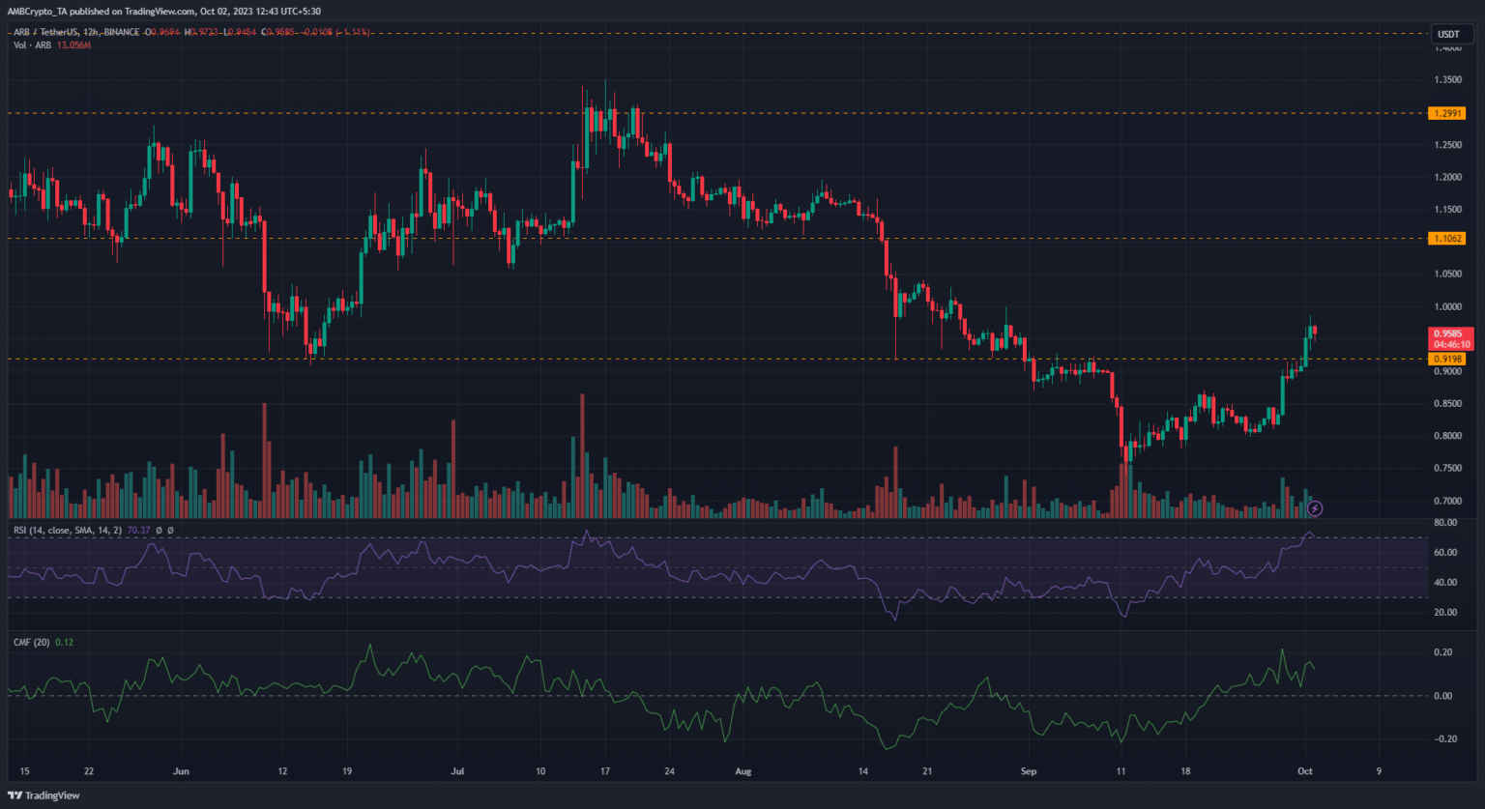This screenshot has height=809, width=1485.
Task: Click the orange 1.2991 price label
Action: pyautogui.click(x=1446, y=113)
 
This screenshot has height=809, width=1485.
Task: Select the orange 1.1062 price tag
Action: pyautogui.click(x=1446, y=238)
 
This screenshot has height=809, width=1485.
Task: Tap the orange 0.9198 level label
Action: pyautogui.click(x=1446, y=359)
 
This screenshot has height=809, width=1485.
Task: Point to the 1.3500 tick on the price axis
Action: pyautogui.click(x=1447, y=80)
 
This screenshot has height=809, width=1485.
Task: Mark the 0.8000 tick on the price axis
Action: pyautogui.click(x=1447, y=436)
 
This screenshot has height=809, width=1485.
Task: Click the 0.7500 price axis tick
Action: pyautogui.click(x=1447, y=468)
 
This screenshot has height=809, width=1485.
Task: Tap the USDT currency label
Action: pyautogui.click(x=1447, y=34)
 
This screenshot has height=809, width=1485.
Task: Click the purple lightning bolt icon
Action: pyautogui.click(x=1315, y=507)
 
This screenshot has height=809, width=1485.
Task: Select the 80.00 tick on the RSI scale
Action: pyautogui.click(x=1445, y=523)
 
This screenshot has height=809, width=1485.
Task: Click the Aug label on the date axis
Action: pyautogui.click(x=742, y=771)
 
